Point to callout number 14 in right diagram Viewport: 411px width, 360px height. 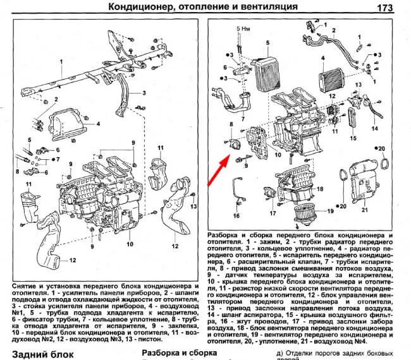pyautogui.click(x=375, y=128)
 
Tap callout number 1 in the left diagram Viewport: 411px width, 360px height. pyautogui.click(x=61, y=61)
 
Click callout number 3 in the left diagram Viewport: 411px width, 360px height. pyautogui.click(x=144, y=93)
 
